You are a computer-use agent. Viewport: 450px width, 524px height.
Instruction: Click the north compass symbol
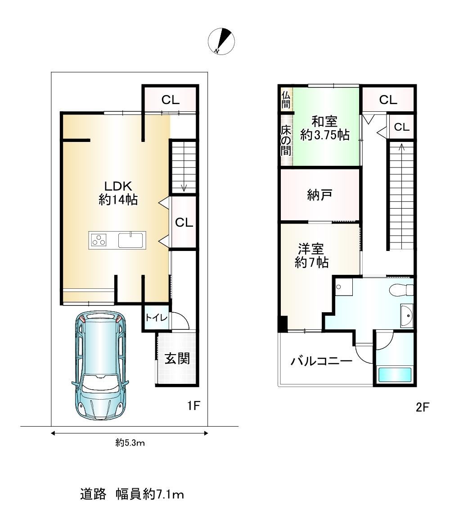[221, 41]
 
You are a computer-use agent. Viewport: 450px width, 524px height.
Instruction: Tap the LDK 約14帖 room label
[118, 193]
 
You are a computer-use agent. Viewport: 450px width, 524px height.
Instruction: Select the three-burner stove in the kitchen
[99, 240]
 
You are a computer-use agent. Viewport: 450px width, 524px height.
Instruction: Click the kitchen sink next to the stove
[131, 240]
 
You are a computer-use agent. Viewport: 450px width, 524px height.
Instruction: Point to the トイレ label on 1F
[156, 317]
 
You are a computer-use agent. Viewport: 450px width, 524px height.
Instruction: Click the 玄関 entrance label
[177, 359]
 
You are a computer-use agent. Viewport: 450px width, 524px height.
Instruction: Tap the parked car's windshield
[100, 383]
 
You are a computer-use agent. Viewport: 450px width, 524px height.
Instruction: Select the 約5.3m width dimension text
[130, 443]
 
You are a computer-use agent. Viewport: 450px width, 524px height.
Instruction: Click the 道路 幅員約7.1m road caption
[132, 494]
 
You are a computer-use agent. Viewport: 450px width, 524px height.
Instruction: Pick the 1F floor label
[193, 406]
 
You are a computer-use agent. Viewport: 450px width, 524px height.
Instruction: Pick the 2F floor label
[422, 407]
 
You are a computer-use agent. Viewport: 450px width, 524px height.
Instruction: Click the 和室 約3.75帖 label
[325, 128]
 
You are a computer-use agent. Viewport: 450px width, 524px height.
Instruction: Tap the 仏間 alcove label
[286, 99]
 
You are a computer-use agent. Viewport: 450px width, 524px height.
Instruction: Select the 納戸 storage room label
[319, 195]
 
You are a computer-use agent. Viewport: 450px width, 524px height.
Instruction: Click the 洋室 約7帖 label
[311, 255]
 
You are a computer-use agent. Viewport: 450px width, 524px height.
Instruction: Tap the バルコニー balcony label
[321, 361]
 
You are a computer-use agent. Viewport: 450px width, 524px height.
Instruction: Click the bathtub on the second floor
[394, 374]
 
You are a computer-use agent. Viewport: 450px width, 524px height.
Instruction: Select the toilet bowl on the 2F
[401, 290]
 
